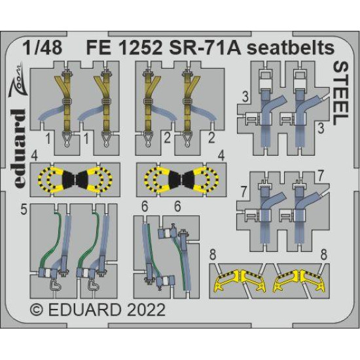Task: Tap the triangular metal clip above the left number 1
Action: point(65,136)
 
